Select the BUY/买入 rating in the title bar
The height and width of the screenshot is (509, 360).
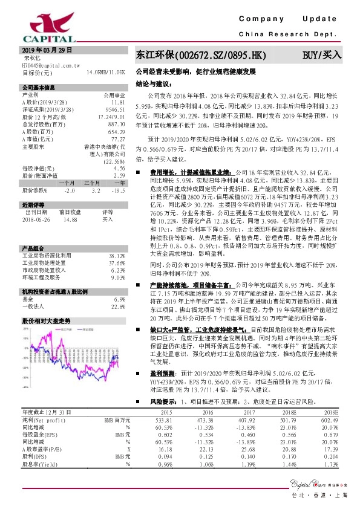click(322, 55)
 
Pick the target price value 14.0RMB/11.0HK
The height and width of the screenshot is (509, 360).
click(106, 72)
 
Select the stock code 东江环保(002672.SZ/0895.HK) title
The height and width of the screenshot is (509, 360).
click(201, 55)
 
